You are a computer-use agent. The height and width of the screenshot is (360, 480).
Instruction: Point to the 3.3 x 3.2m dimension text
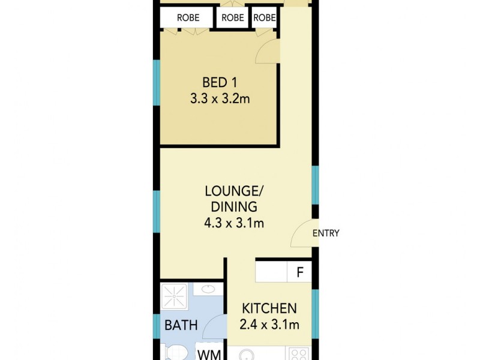pos(220,99)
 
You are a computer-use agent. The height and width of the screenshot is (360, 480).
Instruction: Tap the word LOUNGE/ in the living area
pos(234,191)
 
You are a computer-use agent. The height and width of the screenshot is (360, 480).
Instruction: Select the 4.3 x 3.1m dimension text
pos(234,223)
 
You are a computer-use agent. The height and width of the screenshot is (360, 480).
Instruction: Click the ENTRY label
pos(326,233)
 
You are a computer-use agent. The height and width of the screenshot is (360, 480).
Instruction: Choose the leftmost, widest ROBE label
pos(188,18)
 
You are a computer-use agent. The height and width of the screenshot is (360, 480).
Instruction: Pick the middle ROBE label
pos(233,18)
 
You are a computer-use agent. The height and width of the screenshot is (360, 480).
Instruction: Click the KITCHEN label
pos(269,308)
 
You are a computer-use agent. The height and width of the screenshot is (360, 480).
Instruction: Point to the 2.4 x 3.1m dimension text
pos(269,325)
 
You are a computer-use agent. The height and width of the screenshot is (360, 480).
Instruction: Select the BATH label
pos(181,325)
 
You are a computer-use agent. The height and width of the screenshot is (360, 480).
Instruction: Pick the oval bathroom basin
pos(208,290)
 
